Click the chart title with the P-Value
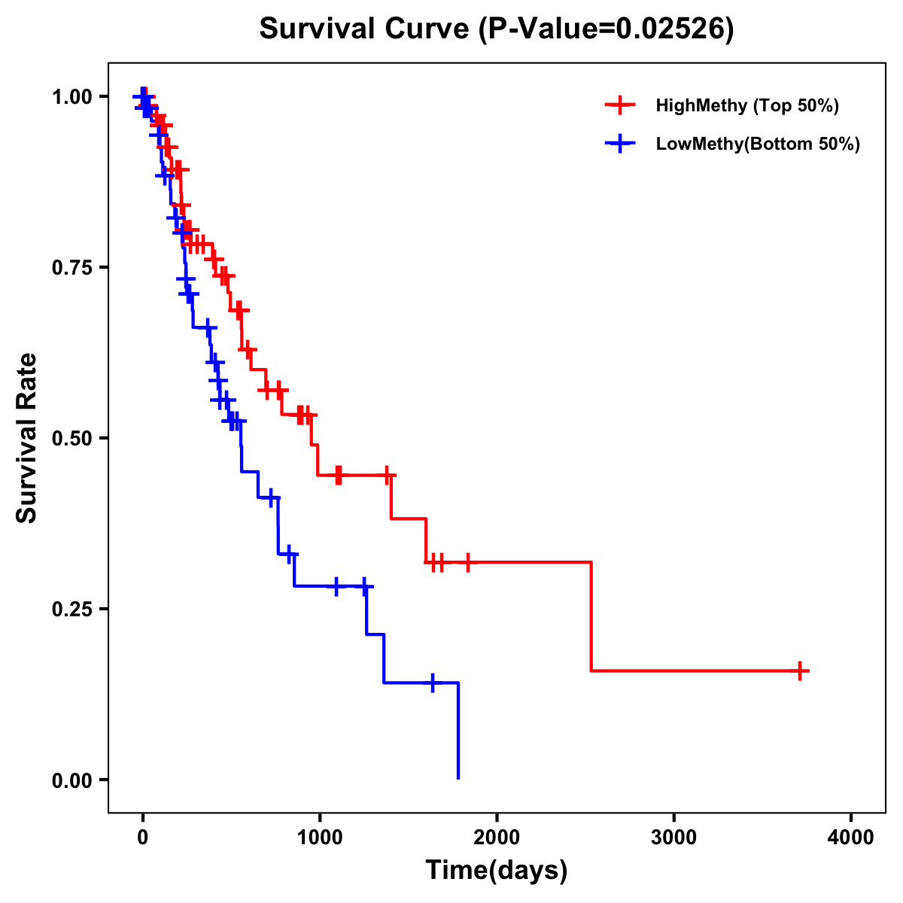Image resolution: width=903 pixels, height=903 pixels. tap(496, 29)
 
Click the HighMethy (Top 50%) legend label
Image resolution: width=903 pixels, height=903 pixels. tap(747, 105)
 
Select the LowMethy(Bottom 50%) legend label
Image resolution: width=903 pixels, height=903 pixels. tap(758, 144)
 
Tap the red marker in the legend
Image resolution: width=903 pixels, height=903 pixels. tap(619, 105)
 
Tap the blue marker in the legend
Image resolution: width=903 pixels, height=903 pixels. tap(619, 144)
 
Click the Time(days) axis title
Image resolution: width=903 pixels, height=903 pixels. tap(497, 871)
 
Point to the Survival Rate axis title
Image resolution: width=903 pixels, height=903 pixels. tap(28, 438)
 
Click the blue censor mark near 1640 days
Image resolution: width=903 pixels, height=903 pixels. tap(433, 683)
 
